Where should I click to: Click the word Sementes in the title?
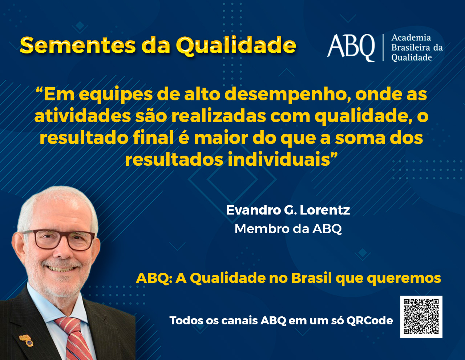point(78,45)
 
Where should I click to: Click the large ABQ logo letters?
point(351,48)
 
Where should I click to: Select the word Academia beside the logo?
point(411,38)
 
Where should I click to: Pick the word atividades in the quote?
point(82,116)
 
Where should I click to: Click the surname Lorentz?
point(325,210)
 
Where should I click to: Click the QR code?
point(421,317)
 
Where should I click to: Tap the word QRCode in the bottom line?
point(370,321)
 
